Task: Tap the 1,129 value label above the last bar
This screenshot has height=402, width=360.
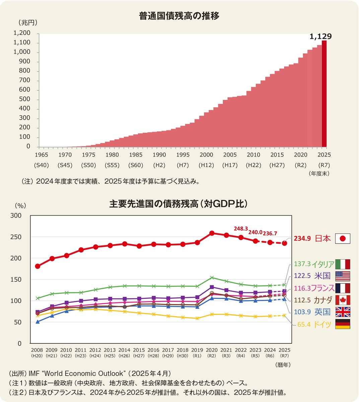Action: tap(320, 37)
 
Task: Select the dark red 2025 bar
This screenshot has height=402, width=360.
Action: tap(324, 94)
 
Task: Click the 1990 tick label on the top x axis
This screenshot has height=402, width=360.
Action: tap(159, 155)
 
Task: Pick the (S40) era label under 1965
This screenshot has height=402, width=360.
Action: tap(41, 165)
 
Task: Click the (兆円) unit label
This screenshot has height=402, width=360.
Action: tap(28, 23)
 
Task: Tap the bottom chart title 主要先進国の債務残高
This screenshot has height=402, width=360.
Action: tap(178, 204)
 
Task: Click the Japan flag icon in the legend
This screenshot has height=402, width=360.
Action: tap(343, 239)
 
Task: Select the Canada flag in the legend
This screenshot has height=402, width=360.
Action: tap(343, 300)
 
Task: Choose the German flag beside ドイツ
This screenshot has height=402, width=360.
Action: tap(343, 324)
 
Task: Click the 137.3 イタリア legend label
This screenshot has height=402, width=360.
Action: tap(314, 264)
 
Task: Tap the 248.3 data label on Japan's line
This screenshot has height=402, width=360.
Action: tap(240, 228)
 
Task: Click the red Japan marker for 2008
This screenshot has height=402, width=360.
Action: tap(38, 266)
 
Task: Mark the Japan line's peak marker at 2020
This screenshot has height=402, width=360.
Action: tap(212, 233)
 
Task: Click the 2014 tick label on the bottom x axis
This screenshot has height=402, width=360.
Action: tap(125, 350)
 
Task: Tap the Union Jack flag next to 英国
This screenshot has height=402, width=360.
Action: tap(343, 312)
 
